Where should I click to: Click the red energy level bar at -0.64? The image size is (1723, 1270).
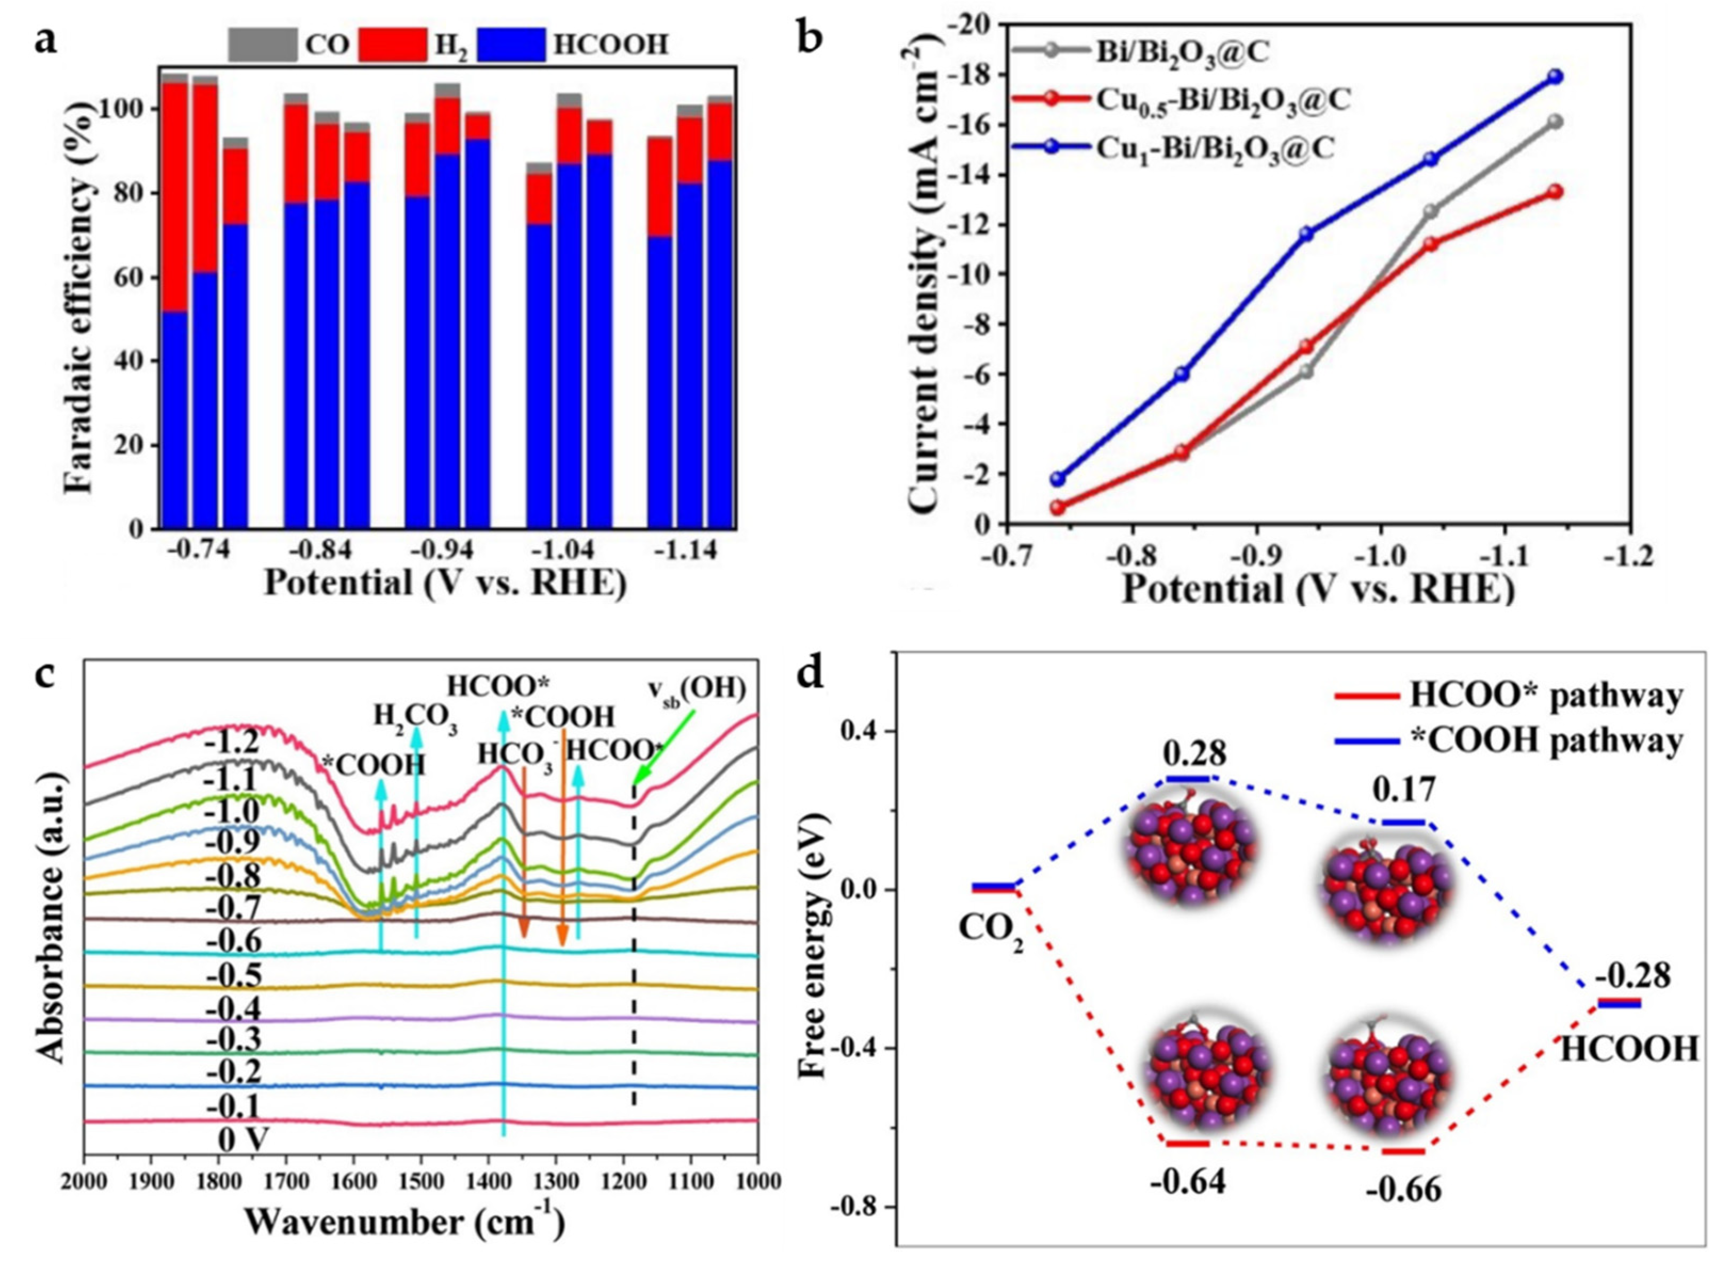coord(1188,1164)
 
